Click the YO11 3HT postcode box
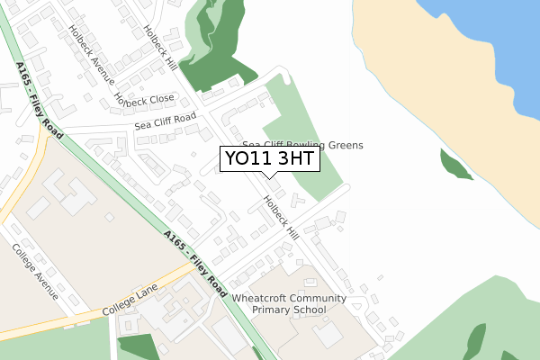coord(269,159)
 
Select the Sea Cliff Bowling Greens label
coord(302,145)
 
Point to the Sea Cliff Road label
coord(166,120)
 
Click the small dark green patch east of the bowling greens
coord(455,166)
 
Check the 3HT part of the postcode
coord(292,159)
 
